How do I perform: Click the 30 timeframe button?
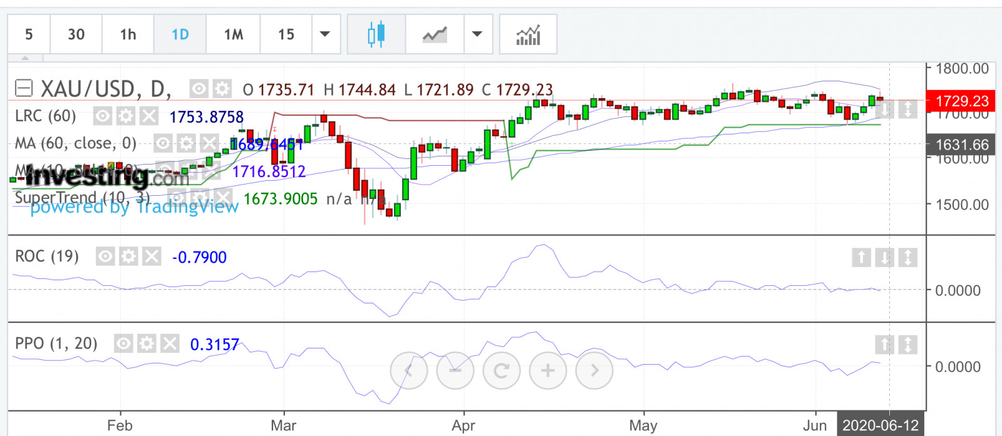[76, 34]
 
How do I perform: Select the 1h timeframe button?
[128, 34]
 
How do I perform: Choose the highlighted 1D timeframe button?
[180, 34]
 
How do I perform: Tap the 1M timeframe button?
[233, 34]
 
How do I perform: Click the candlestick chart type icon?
[376, 34]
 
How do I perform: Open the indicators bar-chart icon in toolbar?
[528, 34]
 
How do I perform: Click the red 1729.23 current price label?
[961, 101]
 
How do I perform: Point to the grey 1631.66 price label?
[961, 145]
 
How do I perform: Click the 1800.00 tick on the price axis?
[961, 69]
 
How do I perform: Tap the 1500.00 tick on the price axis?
[961, 205]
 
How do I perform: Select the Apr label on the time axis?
[463, 425]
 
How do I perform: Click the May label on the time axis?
[643, 425]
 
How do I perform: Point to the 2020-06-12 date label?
[880, 425]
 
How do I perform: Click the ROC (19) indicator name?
[47, 256]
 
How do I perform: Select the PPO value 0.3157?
[214, 345]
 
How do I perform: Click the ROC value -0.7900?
[199, 257]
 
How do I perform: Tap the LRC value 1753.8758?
[206, 117]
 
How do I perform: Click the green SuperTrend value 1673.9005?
[281, 199]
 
